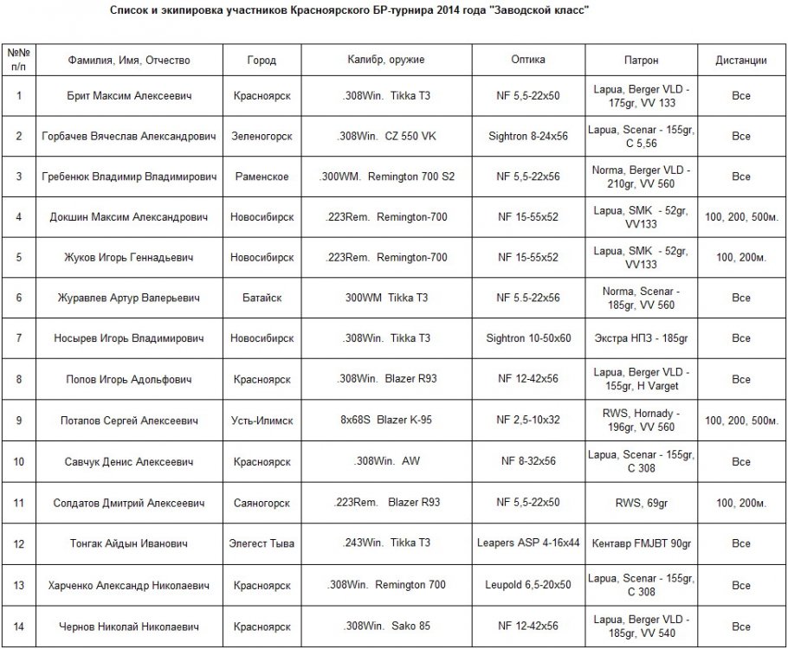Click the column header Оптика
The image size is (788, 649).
pos(528,61)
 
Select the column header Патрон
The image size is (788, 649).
pos(641,61)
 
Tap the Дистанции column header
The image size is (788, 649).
pos(740,61)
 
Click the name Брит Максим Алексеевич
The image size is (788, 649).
pos(129,96)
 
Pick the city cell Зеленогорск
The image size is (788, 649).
pos(262,137)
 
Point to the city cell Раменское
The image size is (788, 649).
pos(262,177)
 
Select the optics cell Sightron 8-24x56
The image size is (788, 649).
pos(528,137)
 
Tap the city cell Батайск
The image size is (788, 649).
pos(262,298)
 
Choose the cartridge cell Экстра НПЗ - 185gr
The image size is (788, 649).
pos(641,338)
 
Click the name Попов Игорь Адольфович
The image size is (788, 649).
pos(129,379)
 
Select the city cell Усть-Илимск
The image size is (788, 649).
pos(262,421)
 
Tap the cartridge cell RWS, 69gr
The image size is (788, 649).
pos(641,503)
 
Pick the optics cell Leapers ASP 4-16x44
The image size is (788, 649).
pos(528,543)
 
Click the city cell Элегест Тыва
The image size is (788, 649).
pos(262,543)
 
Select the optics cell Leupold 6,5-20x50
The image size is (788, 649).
pos(528,585)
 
